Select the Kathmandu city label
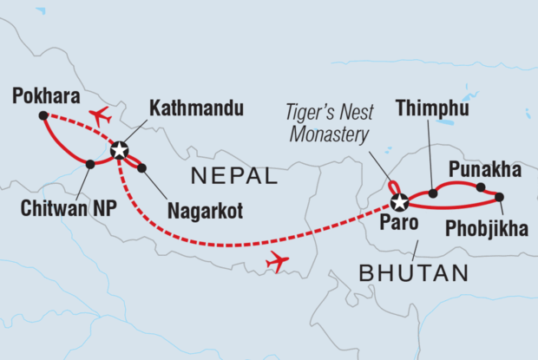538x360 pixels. click(195, 109)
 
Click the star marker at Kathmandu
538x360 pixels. click(119, 147)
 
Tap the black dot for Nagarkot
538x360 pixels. click(141, 167)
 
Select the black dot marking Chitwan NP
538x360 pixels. click(90, 163)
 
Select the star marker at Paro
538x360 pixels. click(399, 203)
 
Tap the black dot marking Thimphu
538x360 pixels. click(432, 193)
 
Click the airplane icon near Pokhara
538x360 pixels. click(101, 115)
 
